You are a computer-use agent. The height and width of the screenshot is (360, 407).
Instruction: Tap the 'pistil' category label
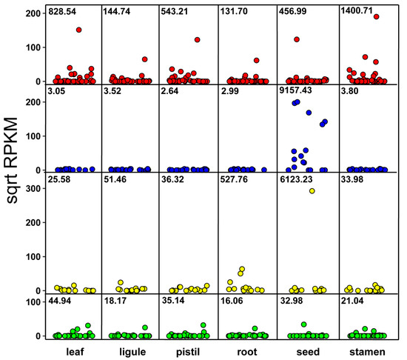(188, 351)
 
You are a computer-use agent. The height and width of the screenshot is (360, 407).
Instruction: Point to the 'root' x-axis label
(247, 351)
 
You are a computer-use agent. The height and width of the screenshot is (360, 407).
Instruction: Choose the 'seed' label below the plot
(306, 351)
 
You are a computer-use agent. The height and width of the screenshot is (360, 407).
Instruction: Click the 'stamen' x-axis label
(365, 351)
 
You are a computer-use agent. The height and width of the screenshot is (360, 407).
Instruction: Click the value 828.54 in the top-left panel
(62, 13)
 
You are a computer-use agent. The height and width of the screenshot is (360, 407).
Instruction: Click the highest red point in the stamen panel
(377, 16)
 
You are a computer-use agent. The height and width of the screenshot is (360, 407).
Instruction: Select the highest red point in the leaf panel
(78, 30)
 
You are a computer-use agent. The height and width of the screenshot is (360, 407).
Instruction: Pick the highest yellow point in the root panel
(241, 270)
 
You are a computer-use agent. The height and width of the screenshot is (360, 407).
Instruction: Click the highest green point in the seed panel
(303, 324)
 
